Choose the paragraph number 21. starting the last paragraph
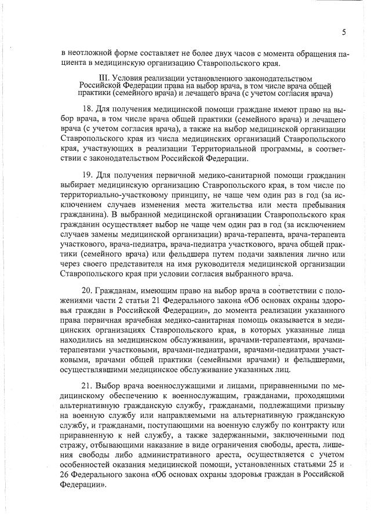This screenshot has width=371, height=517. click(x=89, y=385)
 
